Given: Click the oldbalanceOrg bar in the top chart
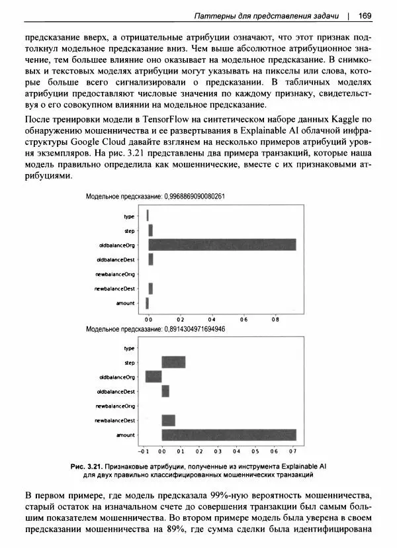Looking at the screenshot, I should click(x=222, y=245).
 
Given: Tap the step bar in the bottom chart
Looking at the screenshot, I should click(x=173, y=362).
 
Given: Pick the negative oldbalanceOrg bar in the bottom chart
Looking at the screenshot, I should click(x=154, y=377).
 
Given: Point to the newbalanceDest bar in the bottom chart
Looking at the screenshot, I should click(x=169, y=420).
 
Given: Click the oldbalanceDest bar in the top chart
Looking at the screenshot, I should click(x=151, y=259).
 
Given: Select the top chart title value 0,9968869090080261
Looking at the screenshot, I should click(x=195, y=197).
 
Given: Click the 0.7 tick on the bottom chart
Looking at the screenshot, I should click(x=293, y=451).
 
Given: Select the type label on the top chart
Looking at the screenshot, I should click(x=129, y=216).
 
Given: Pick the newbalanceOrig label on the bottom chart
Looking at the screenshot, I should click(x=115, y=406).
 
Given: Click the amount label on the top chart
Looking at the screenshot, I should click(x=125, y=303).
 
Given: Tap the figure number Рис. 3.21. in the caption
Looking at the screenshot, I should click(x=89, y=466).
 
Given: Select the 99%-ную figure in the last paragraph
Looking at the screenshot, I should click(x=224, y=496).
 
